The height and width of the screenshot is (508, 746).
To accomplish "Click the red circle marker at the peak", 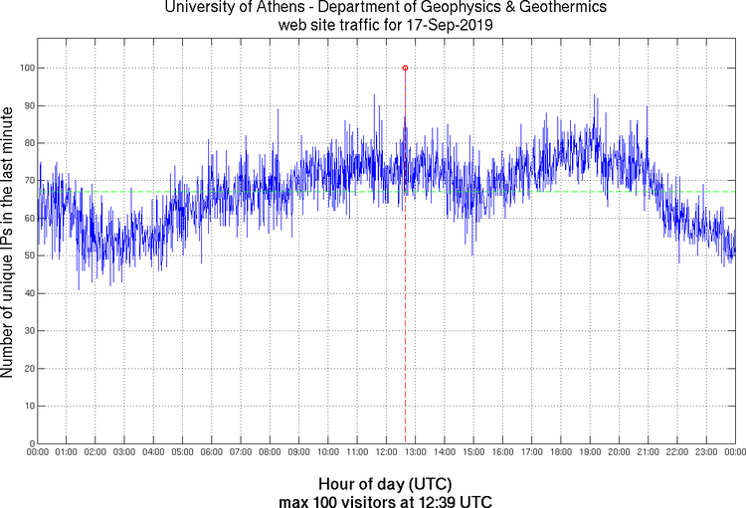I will (405, 68).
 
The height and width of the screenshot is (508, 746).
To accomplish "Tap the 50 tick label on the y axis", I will (27, 255).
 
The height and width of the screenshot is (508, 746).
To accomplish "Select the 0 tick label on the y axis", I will (30, 443).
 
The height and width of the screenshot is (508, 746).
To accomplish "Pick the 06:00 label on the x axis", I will (212, 453).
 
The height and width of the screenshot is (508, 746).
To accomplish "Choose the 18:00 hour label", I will (561, 453).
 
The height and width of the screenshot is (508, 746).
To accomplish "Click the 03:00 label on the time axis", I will (124, 453).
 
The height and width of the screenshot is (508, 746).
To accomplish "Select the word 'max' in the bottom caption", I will (295, 499).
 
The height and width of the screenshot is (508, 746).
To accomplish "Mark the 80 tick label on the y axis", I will (27, 143).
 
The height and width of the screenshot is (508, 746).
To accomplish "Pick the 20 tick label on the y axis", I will (27, 369).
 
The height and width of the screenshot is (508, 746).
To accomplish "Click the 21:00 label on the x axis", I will (648, 453).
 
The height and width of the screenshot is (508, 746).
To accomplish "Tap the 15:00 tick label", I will (473, 453).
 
